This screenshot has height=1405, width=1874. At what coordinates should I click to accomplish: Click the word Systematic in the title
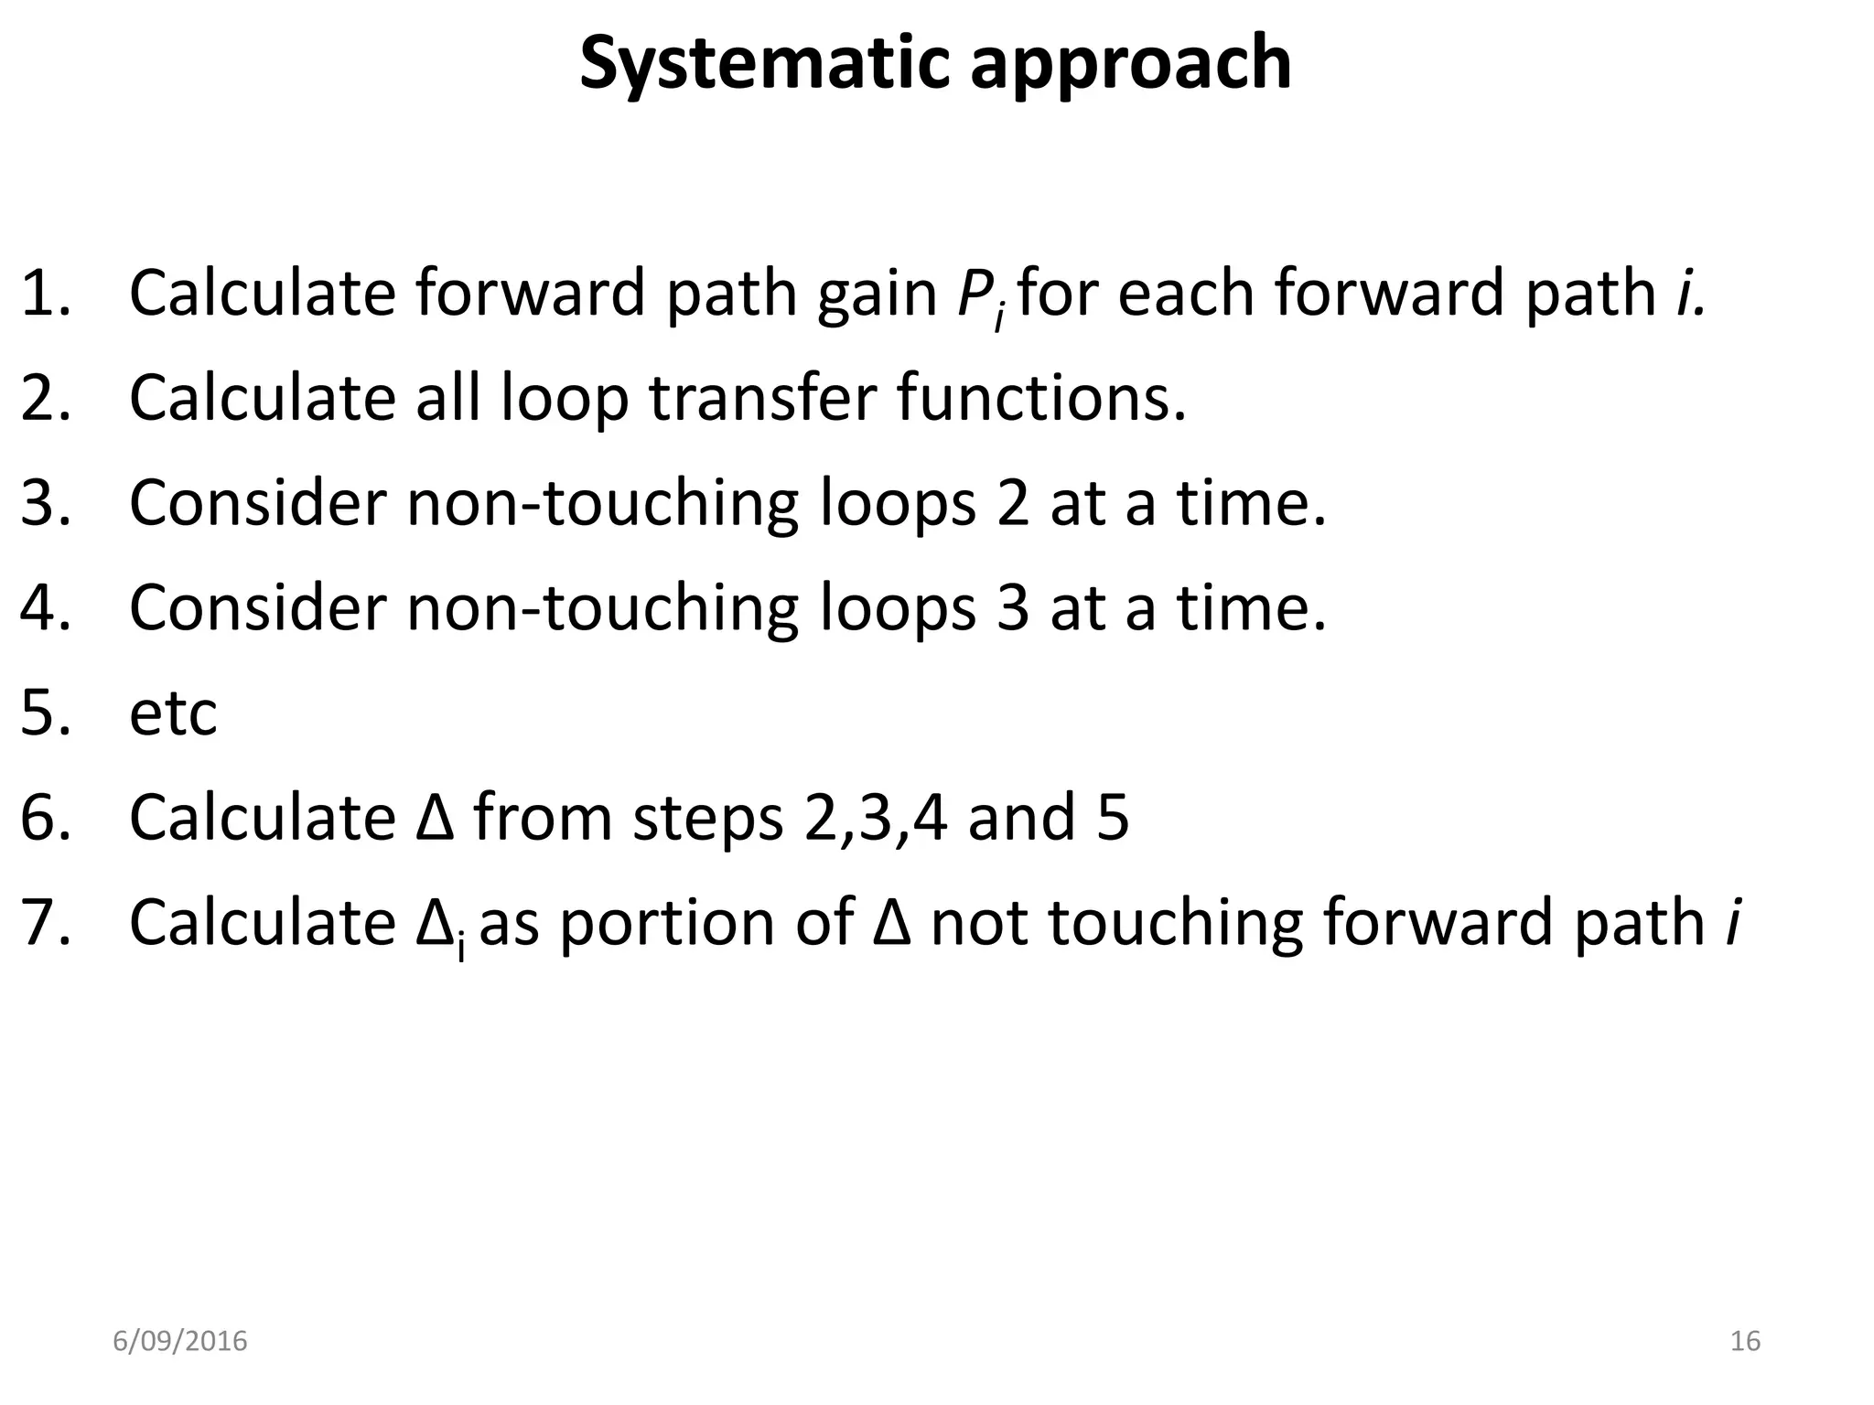coord(764,64)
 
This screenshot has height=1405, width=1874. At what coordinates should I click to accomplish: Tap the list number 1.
coord(44,294)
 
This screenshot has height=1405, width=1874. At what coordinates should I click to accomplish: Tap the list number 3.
coord(44,503)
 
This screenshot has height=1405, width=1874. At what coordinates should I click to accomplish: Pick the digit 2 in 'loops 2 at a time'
coord(1012,503)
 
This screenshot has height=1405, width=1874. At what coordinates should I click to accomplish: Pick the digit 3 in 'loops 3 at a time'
coord(1012,608)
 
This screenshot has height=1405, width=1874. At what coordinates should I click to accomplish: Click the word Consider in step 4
coord(258,608)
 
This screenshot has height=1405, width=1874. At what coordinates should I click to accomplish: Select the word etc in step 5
coord(173,713)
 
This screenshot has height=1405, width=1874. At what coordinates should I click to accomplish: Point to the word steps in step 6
coord(706,819)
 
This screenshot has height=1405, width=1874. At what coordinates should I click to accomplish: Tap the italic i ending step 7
coord(1731,922)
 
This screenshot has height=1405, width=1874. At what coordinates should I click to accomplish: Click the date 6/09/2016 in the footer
coord(179,1341)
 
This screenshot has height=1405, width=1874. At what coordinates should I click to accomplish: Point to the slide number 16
coord(1745,1341)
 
